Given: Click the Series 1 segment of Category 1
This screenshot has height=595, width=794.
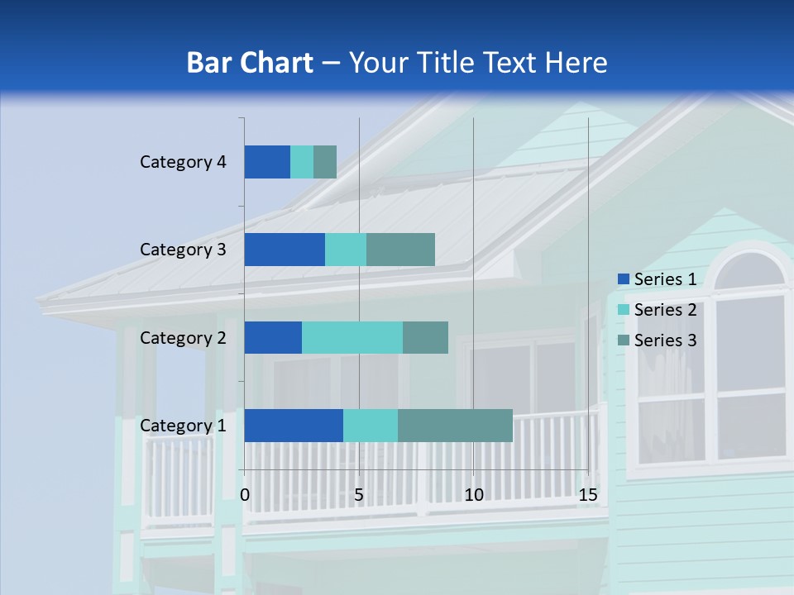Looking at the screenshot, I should (294, 425).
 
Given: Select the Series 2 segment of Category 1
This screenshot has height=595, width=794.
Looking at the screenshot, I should (371, 425).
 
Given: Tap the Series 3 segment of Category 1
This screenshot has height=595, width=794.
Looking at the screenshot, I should (455, 425).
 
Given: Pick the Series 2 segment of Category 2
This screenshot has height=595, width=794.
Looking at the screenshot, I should (352, 337).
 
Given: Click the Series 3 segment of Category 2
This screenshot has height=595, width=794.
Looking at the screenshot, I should (425, 337).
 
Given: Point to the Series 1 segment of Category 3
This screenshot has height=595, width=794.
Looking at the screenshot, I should (285, 250).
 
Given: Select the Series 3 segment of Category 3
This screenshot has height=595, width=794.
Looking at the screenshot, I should (400, 250).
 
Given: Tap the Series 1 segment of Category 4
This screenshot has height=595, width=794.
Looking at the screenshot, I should (267, 162).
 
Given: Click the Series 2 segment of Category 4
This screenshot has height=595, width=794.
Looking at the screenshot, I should (302, 162).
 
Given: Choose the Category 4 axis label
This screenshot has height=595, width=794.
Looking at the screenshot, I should (183, 162).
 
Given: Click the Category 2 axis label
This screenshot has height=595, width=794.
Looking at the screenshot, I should (183, 337).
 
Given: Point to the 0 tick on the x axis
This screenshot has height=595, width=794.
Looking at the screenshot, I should (245, 495).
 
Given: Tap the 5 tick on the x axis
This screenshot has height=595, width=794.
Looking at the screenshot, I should (359, 495).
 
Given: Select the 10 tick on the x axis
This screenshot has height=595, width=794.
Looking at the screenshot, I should (473, 495).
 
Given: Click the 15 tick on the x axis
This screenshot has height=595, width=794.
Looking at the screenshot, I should (588, 495).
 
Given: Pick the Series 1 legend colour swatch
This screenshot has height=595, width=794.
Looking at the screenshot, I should (623, 279).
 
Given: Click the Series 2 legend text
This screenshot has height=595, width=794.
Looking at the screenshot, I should (665, 310).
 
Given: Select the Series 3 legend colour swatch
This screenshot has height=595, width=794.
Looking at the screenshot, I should (623, 340).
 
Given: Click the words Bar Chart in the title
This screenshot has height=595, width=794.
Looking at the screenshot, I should (250, 63).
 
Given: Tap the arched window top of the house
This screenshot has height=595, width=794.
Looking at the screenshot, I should (749, 269).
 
